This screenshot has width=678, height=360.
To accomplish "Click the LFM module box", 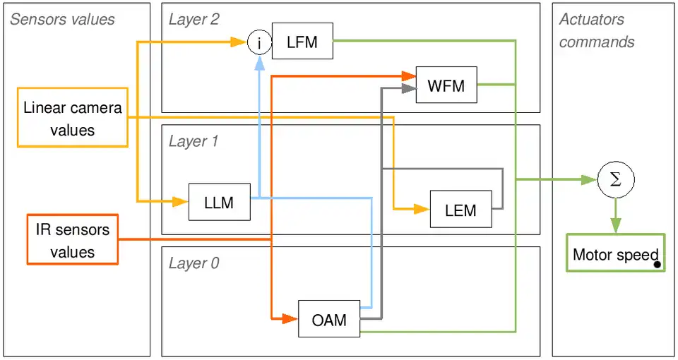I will click(302, 42).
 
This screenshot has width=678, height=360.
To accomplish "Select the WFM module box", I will click(446, 86).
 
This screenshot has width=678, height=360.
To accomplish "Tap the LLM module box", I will click(219, 203).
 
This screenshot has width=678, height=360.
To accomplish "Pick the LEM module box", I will click(460, 210).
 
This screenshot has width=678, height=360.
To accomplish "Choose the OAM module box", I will click(329, 320).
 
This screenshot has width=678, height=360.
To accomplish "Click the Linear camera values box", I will click(72, 118).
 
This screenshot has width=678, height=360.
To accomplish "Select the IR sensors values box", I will click(72, 240).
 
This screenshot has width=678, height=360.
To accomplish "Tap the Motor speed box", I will click(615, 254).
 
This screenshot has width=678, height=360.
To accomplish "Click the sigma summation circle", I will click(615, 180).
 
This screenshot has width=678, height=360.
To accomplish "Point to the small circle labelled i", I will click(259, 43).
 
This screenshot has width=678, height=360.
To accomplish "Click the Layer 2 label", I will click(194, 19).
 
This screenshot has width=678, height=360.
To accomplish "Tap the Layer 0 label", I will click(194, 263).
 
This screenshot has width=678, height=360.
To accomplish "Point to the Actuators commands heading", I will click(597, 30).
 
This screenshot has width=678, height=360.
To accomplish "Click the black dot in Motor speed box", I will click(658, 265).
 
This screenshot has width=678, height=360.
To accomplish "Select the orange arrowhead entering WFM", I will click(408, 75).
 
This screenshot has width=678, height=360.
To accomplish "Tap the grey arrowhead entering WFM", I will click(408, 88).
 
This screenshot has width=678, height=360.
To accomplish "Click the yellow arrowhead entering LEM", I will click(422, 210).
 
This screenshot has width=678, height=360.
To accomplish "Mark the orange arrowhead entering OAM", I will click(289, 319).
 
